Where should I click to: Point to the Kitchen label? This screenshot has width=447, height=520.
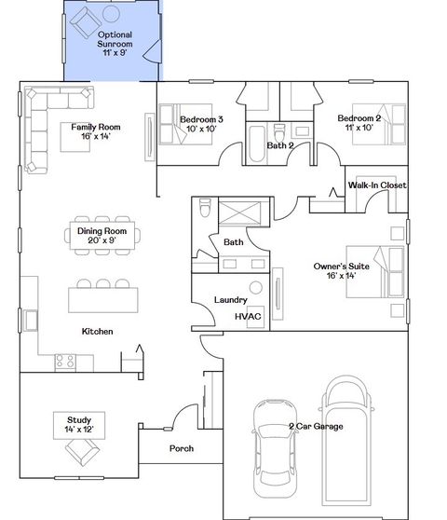coord(98,332)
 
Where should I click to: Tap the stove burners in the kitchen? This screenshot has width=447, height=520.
coord(65,359)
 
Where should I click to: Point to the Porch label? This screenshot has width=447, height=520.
coord(182,449)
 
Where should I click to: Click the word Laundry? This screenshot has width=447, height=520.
coord(229,300)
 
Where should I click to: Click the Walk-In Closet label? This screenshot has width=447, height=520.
coord(377,185)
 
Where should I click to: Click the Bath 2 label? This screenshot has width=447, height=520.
coord(280,145)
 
